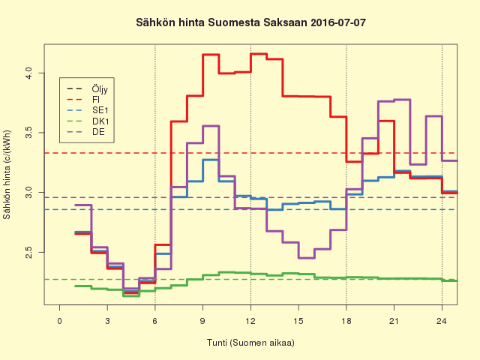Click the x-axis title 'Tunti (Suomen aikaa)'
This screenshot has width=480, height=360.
tap(250, 343)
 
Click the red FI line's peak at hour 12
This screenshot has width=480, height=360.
tap(258, 54)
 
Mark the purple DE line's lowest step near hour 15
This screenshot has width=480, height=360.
tap(306, 257)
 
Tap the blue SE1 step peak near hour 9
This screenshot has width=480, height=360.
tap(210, 160)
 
